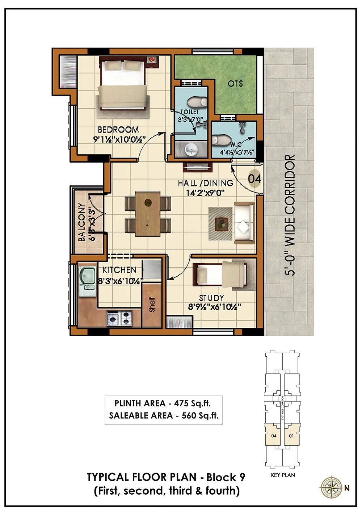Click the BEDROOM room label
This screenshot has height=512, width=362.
(118, 129)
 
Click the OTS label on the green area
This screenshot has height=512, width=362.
(235, 83)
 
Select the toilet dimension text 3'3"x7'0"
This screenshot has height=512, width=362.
(191, 119)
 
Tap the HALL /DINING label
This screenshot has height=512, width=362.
(205, 184)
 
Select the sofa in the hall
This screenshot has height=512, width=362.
(244, 223)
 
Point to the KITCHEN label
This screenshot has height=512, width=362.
(119, 270)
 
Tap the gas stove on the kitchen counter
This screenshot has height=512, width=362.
(119, 318)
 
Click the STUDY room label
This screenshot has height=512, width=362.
(211, 298)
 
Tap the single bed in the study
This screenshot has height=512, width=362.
(220, 275)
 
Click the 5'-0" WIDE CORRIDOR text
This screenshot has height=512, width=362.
(290, 215)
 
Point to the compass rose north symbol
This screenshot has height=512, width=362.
(331, 487)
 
